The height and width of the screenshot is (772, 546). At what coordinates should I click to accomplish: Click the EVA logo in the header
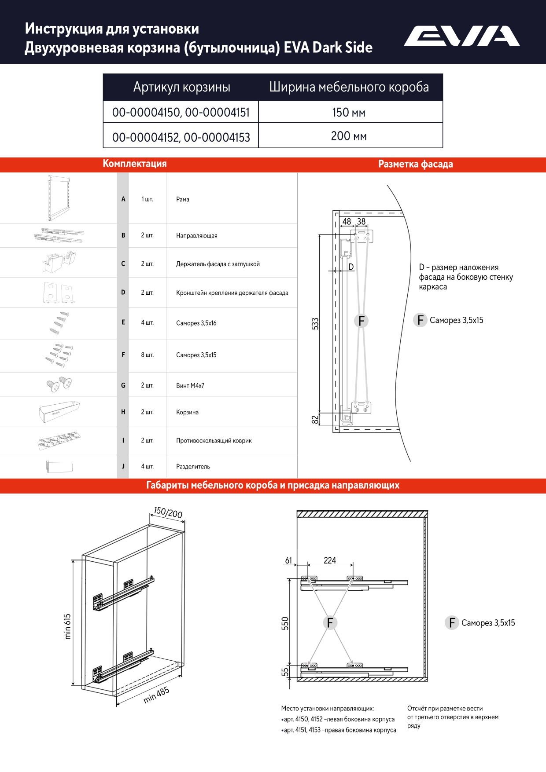461,36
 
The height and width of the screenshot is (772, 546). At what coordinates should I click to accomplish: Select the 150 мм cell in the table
349,113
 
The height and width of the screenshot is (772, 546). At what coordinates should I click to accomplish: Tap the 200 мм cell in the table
349,136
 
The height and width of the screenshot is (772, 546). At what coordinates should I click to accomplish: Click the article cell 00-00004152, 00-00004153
181,137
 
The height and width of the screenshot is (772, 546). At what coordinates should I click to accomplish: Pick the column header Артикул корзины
181,87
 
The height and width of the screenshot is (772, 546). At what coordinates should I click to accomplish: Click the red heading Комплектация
135,164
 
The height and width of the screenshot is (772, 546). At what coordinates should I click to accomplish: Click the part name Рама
183,199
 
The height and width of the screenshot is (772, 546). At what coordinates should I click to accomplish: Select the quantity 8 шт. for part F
147,355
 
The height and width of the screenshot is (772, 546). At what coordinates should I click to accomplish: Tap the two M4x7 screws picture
59,384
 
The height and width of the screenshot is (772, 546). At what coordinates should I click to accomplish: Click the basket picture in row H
59,411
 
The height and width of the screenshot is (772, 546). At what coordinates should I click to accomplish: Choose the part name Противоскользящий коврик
214,440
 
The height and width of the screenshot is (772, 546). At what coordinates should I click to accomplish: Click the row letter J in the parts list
123,466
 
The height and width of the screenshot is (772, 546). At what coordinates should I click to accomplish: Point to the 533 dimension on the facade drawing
315,324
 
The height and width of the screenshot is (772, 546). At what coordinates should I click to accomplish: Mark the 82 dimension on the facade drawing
315,420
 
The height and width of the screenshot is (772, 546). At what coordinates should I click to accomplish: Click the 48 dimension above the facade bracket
347,222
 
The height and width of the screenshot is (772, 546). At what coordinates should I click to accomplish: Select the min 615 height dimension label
67,626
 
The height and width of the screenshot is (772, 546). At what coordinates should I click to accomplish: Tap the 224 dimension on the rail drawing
330,560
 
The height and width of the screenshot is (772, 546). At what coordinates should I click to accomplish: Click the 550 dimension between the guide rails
285,623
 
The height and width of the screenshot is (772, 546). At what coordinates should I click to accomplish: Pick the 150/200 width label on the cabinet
168,512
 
